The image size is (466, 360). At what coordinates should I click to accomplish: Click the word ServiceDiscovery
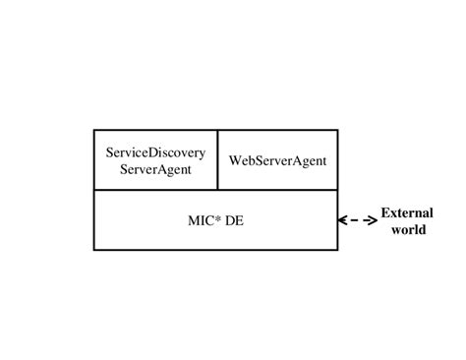(x=155, y=152)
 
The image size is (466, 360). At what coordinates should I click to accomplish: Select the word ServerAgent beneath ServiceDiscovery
(x=155, y=169)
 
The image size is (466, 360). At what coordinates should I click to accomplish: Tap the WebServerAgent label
(x=277, y=160)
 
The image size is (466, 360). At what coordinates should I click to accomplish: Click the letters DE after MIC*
(x=234, y=221)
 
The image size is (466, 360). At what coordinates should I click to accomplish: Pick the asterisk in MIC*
(x=217, y=218)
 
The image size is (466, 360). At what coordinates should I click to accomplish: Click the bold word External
(x=407, y=212)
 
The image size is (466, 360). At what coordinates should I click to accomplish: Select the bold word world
(x=408, y=230)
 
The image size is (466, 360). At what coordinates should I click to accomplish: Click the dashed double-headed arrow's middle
(x=358, y=221)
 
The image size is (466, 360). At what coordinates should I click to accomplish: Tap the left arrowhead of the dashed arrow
(x=342, y=221)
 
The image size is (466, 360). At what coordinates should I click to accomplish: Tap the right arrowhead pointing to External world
(x=373, y=221)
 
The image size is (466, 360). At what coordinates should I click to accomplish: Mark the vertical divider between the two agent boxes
(x=217, y=159)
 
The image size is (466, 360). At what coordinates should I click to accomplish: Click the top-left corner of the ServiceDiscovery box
(x=94, y=130)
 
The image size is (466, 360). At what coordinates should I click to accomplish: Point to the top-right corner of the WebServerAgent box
(x=337, y=130)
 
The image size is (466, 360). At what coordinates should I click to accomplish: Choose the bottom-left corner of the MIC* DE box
(x=94, y=250)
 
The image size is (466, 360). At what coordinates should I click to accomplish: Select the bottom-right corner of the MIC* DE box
(x=337, y=250)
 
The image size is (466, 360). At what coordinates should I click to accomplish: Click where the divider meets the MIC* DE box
(x=217, y=190)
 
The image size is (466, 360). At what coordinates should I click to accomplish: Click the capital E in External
(x=385, y=212)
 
